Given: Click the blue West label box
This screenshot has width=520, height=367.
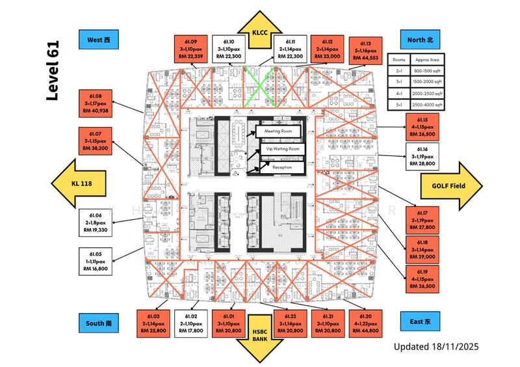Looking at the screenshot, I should tap(97, 40).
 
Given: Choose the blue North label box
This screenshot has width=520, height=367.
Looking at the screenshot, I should tap(421, 40).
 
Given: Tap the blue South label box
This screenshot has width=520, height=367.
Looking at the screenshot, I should tap(99, 322).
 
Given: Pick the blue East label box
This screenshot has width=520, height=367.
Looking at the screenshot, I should tap(421, 321).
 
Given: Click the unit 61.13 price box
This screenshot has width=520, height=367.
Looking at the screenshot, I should tap(366, 49).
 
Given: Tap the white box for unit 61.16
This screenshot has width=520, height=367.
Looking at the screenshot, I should tap(421, 156).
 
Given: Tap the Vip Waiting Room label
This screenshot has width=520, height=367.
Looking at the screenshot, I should tap(281, 149).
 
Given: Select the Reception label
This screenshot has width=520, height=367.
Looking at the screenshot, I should tap(281, 167).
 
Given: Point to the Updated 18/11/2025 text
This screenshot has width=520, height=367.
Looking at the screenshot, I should tap(436, 347).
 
